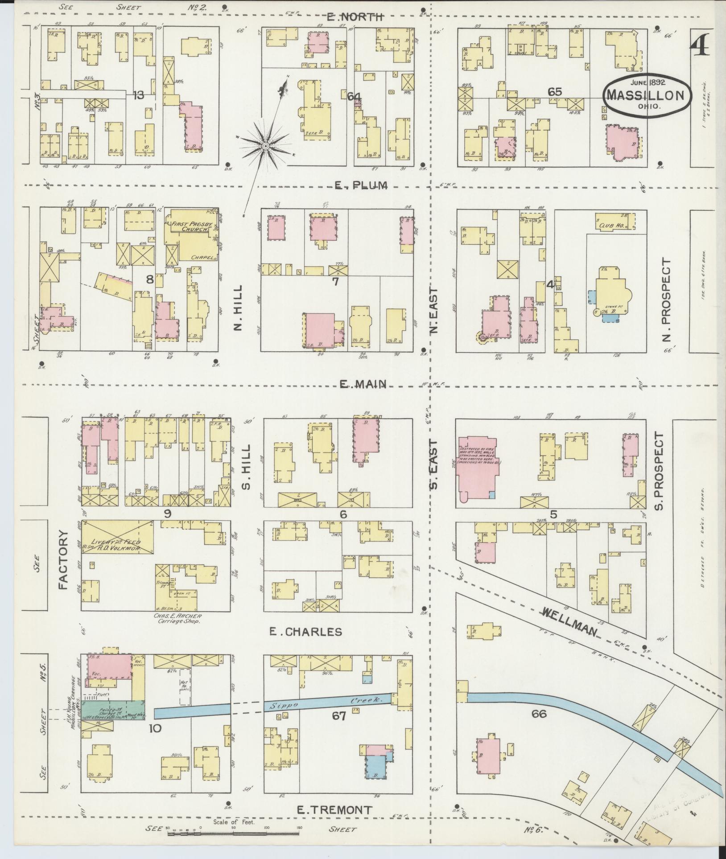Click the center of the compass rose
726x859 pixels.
click(265, 146)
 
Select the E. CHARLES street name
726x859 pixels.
click(306, 632)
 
